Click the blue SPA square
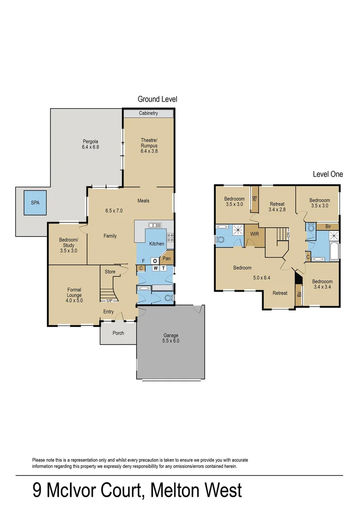[x=35, y=204]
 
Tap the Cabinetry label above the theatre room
[x=148, y=113]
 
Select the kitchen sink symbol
[x=155, y=225]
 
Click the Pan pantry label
[x=166, y=258]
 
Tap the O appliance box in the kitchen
[x=154, y=261]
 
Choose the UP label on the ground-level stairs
[x=109, y=301]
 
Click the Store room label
[x=110, y=271]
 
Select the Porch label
[x=118, y=333]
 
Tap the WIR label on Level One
[x=254, y=233]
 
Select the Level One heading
[x=328, y=174]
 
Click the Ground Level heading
[x=157, y=99]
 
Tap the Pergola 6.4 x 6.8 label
[x=90, y=144]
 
